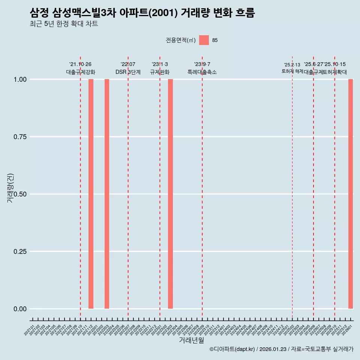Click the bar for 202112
tap(91, 194)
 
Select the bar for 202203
tap(107, 194)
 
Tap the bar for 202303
tap(170, 194)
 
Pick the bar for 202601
tap(351, 194)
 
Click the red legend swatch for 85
tap(204, 40)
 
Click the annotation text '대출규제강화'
tap(81, 72)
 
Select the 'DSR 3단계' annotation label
tap(128, 72)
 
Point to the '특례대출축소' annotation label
tap(202, 72)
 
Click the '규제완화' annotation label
tap(160, 72)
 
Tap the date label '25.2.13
tap(292, 65)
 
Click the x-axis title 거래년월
tap(191, 340)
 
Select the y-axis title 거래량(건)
tap(10, 187)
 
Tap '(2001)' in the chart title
tap(163, 13)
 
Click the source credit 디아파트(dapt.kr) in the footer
tap(232, 349)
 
